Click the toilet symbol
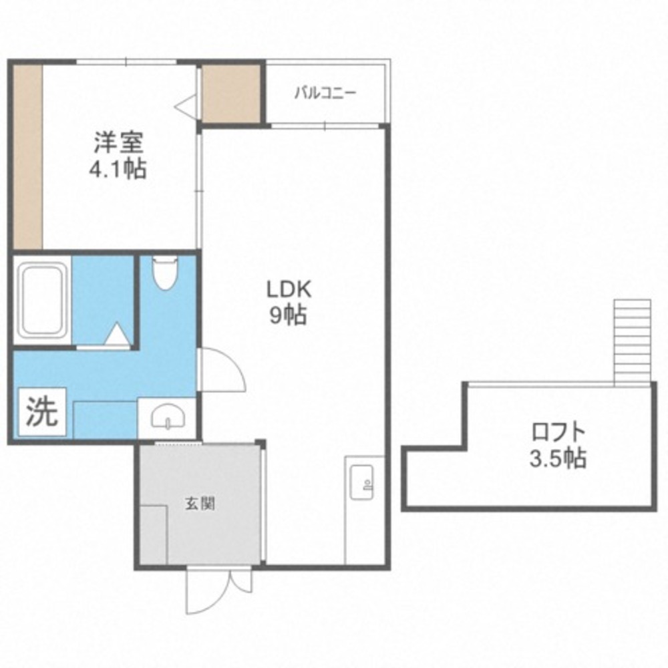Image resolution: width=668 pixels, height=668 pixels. click(x=165, y=272)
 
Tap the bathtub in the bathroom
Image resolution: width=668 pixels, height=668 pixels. click(x=42, y=300)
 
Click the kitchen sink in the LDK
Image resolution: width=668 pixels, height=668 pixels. click(x=361, y=482)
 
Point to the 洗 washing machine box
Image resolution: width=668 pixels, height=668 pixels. click(x=41, y=411)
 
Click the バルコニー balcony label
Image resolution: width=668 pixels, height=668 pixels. click(x=326, y=92)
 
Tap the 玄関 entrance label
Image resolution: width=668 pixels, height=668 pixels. click(x=199, y=504)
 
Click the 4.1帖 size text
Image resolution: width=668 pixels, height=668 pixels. click(x=118, y=169)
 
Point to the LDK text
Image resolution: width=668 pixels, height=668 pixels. click(x=289, y=290)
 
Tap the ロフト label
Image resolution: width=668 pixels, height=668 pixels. click(x=558, y=432)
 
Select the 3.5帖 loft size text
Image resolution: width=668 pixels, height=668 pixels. click(x=558, y=458)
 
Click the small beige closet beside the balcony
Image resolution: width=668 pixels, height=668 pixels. click(x=231, y=94)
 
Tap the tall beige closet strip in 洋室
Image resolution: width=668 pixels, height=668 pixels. click(x=27, y=156)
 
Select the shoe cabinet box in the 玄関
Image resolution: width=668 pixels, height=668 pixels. click(x=153, y=534)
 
